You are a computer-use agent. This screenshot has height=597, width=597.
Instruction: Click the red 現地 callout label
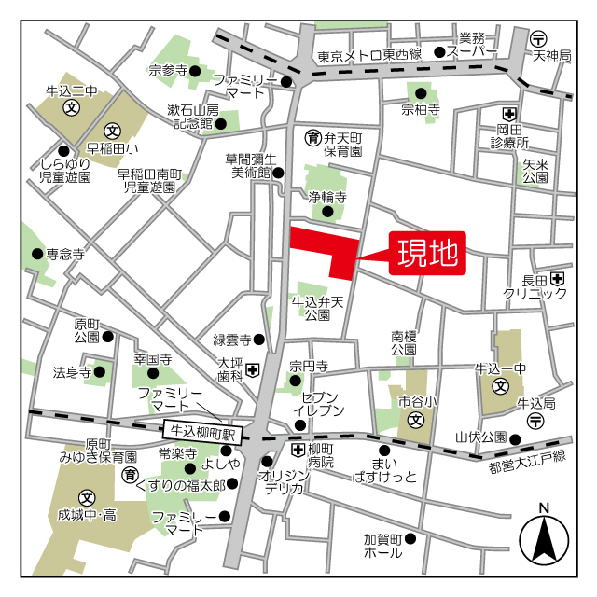coord(428,252)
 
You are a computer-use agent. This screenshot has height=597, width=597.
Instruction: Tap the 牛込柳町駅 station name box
coord(201,432)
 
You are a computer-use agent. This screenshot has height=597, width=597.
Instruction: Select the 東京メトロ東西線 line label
coord(369,56)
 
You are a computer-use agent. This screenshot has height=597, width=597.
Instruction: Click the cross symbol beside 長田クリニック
coord(557,277)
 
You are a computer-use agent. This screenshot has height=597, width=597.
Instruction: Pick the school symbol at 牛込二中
coord(71,107)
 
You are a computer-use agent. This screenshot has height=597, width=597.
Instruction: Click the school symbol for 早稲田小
coord(112,130)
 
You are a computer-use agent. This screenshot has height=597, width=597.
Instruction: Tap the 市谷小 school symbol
coord(416,419)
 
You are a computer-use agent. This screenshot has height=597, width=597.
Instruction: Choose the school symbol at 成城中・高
coord(87,497)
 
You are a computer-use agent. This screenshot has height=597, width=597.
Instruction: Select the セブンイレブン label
coord(320,403)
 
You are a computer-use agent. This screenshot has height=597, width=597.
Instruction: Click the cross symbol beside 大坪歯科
coord(252,370)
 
